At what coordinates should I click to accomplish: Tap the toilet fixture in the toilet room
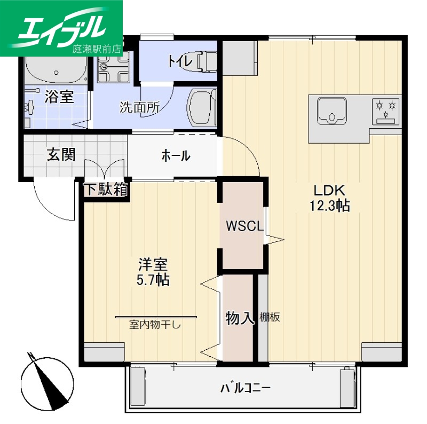click(x=207, y=61)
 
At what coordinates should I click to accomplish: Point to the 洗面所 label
click(x=139, y=107)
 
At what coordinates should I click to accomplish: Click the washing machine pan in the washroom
click(x=203, y=107)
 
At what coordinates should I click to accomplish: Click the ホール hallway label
click(x=175, y=156)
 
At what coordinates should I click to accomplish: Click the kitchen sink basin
click(x=332, y=111)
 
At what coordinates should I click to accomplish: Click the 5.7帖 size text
click(x=153, y=280)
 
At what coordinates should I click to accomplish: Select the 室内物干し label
click(x=154, y=324)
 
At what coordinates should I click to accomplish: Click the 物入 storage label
click(x=239, y=318)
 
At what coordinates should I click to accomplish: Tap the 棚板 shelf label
click(x=270, y=317)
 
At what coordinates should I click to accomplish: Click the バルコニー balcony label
click(x=246, y=387)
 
